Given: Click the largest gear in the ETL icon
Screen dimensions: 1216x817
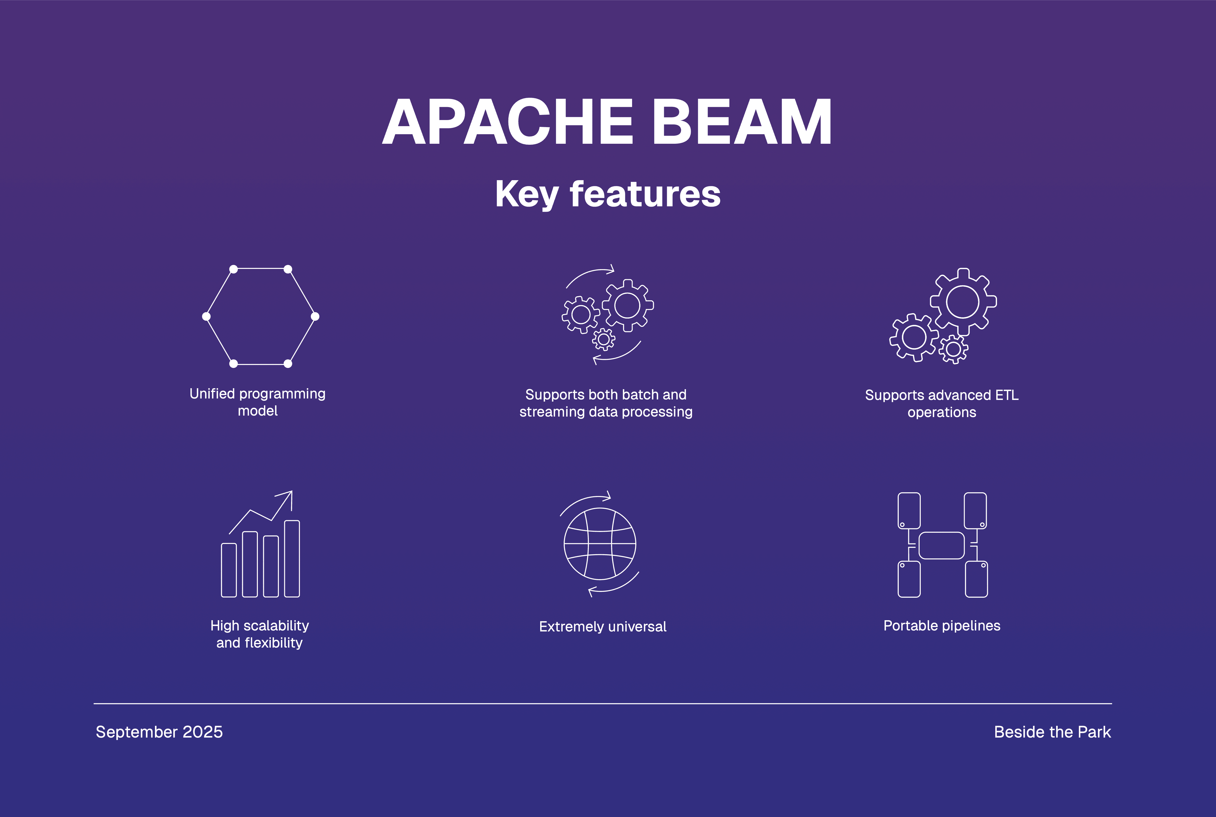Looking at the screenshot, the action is point(963,302).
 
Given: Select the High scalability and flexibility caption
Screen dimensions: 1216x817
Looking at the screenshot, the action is point(260,634).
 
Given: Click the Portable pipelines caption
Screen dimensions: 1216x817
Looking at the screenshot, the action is point(942,626).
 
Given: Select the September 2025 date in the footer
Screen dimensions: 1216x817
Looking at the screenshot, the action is point(159,732).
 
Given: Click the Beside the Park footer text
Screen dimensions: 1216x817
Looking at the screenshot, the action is point(1052,732).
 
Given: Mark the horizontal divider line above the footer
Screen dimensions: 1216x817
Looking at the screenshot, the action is point(603,703).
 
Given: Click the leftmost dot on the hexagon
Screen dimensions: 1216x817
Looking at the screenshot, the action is point(206,316).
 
